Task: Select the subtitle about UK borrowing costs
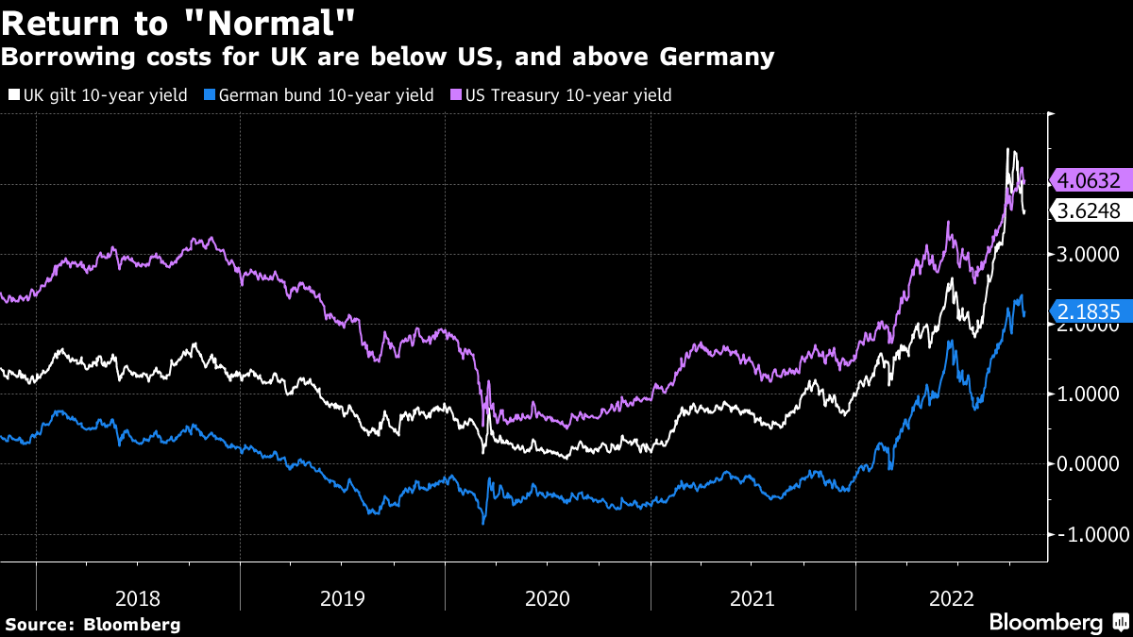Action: (388, 58)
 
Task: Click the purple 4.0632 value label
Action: (1089, 180)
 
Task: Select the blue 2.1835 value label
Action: (1089, 310)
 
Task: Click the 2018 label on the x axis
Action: (138, 598)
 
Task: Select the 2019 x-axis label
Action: (344, 598)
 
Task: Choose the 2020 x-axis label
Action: (549, 598)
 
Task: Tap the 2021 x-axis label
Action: (753, 598)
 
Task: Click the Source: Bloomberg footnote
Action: (93, 625)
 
